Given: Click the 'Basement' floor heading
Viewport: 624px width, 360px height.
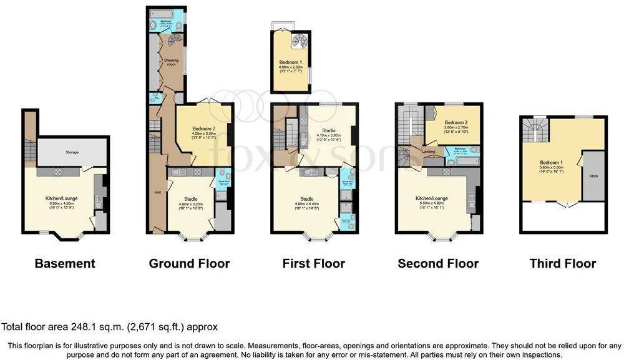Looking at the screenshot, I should [x=65, y=263].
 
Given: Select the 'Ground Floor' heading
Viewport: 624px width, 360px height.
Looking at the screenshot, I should [x=189, y=263].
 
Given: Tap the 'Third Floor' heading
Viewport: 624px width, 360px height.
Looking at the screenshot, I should [x=563, y=263].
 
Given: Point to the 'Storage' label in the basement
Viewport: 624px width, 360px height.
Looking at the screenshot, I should [x=73, y=152].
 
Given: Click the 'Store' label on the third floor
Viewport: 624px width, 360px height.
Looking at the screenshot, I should [x=594, y=176].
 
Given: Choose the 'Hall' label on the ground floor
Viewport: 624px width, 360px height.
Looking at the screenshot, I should [x=158, y=192].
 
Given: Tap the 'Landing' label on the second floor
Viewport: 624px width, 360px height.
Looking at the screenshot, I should [x=428, y=150].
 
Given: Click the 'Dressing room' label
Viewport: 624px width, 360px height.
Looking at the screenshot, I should [x=171, y=62].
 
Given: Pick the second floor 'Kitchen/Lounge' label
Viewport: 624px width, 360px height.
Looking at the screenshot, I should [x=432, y=198].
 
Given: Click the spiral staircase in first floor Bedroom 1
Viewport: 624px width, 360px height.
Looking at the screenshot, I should [x=300, y=42].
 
